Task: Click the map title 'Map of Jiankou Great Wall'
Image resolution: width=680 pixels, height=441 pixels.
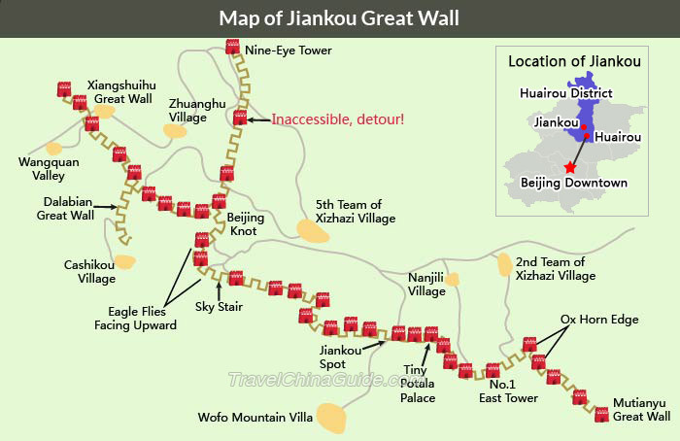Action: [x=339, y=17]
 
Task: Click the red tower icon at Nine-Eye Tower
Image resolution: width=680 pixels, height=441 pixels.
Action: [x=232, y=46]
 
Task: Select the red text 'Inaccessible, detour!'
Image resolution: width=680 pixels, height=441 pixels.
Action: [x=337, y=119]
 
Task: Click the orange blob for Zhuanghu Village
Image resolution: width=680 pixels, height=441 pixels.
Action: [x=175, y=130]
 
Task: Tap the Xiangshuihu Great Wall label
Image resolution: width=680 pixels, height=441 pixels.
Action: [x=119, y=91]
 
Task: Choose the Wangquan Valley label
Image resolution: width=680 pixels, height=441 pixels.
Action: [x=42, y=169]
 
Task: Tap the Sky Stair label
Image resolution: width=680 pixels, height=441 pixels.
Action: [x=219, y=307]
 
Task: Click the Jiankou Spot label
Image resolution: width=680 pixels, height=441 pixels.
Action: [x=333, y=357]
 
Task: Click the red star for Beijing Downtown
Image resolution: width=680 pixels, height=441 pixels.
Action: [x=569, y=168]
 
